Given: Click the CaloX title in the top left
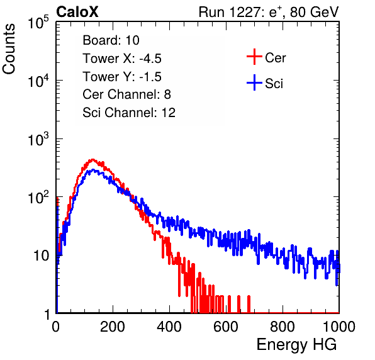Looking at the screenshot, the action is click(x=77, y=12).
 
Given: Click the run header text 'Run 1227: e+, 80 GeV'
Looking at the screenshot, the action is click(x=269, y=12).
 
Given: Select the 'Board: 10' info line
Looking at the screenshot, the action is click(x=111, y=40).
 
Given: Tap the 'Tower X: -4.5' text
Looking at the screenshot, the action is click(x=122, y=59).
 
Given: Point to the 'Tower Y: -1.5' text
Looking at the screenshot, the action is click(x=122, y=77).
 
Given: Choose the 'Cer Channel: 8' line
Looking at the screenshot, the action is click(x=126, y=94).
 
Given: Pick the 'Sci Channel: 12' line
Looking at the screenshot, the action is click(x=129, y=113).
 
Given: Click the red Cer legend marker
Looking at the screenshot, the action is click(x=254, y=57).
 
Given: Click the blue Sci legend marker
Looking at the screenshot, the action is click(x=254, y=82).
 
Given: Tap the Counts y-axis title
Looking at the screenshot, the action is click(x=9, y=49).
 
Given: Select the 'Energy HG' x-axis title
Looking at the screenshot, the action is click(x=296, y=345).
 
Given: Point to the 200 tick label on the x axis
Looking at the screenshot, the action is click(x=113, y=327).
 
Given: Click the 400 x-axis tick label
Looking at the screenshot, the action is click(x=169, y=327).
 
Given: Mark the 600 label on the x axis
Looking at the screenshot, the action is click(x=226, y=327).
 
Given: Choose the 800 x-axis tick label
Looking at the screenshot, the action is click(x=283, y=327).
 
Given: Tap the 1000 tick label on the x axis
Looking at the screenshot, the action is click(x=339, y=327).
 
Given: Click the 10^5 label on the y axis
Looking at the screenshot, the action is click(x=38, y=23).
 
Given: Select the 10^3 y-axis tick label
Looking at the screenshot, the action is click(x=38, y=139).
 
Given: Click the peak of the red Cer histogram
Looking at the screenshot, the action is click(x=92, y=159).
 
